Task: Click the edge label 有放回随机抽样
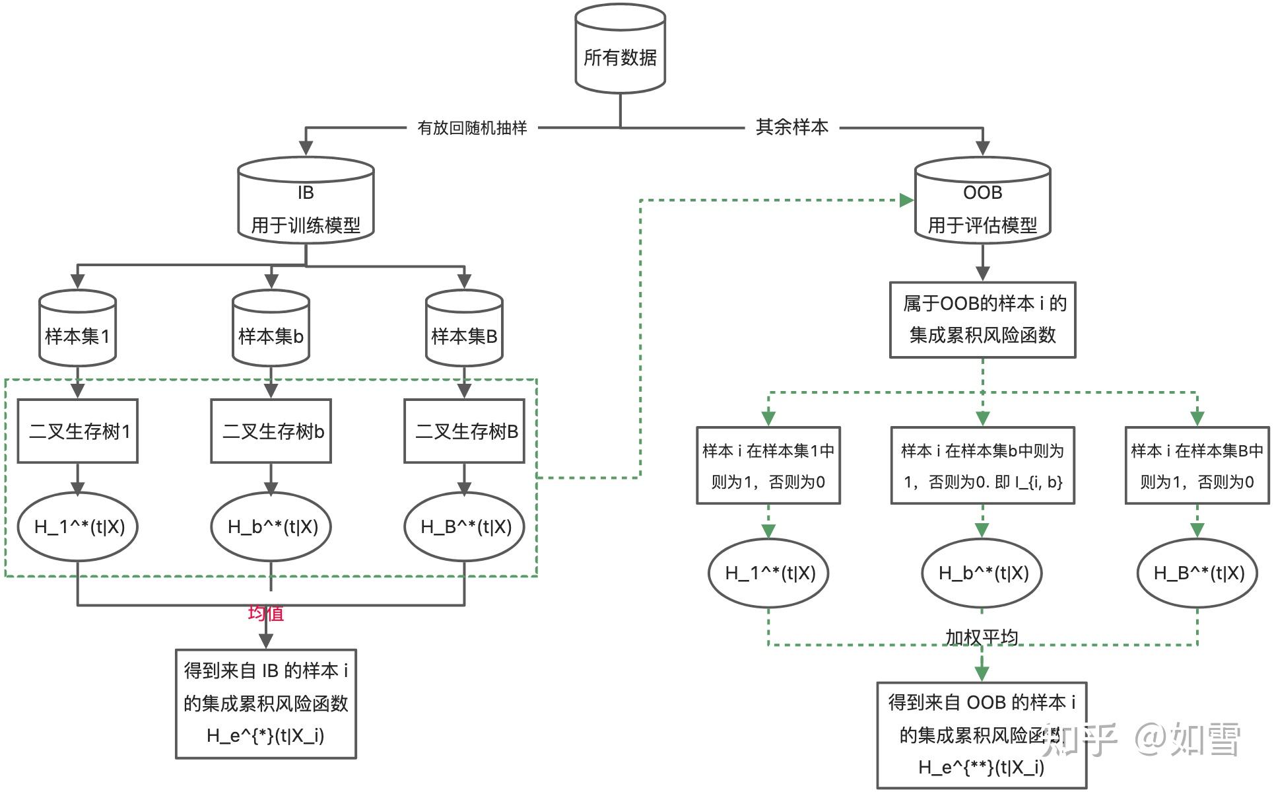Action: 472,127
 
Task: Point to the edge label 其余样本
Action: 791,127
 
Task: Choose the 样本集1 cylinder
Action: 78,330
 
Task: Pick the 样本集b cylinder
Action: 271,330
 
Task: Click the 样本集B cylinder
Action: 464,330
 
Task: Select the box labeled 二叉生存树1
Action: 78,431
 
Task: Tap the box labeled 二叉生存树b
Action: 271,431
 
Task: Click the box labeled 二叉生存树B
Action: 464,431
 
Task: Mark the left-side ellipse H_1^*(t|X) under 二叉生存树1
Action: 78,526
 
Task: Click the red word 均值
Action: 265,613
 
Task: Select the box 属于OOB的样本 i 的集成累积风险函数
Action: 982,320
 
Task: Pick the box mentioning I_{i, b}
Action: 982,466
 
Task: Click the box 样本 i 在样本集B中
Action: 1197,466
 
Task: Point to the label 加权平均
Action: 982,637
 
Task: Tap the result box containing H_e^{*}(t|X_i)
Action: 265,703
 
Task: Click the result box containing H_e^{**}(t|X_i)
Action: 982,735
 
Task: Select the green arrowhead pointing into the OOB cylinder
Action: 907,200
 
